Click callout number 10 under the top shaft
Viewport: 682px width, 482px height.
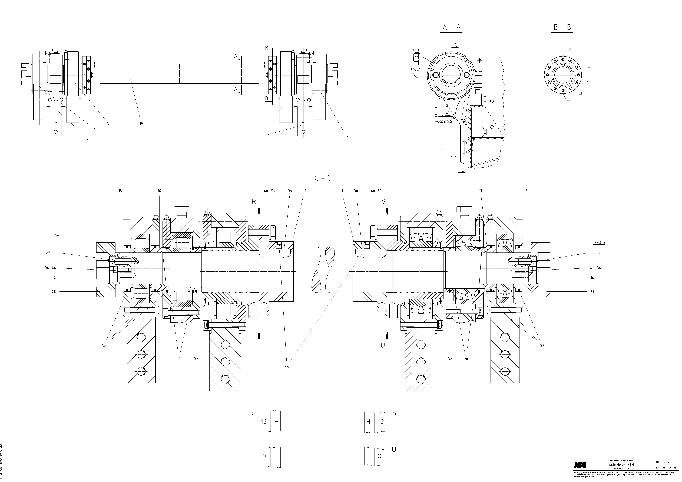click(x=141, y=123)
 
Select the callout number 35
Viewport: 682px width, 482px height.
click(x=287, y=367)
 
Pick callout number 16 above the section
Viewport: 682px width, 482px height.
click(x=159, y=191)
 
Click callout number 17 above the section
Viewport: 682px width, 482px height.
click(x=480, y=191)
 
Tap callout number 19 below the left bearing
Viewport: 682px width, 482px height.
click(x=178, y=359)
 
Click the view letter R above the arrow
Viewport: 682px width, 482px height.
click(x=254, y=201)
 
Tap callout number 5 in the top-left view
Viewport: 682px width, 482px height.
click(x=108, y=123)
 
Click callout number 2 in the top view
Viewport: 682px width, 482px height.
click(x=347, y=137)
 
